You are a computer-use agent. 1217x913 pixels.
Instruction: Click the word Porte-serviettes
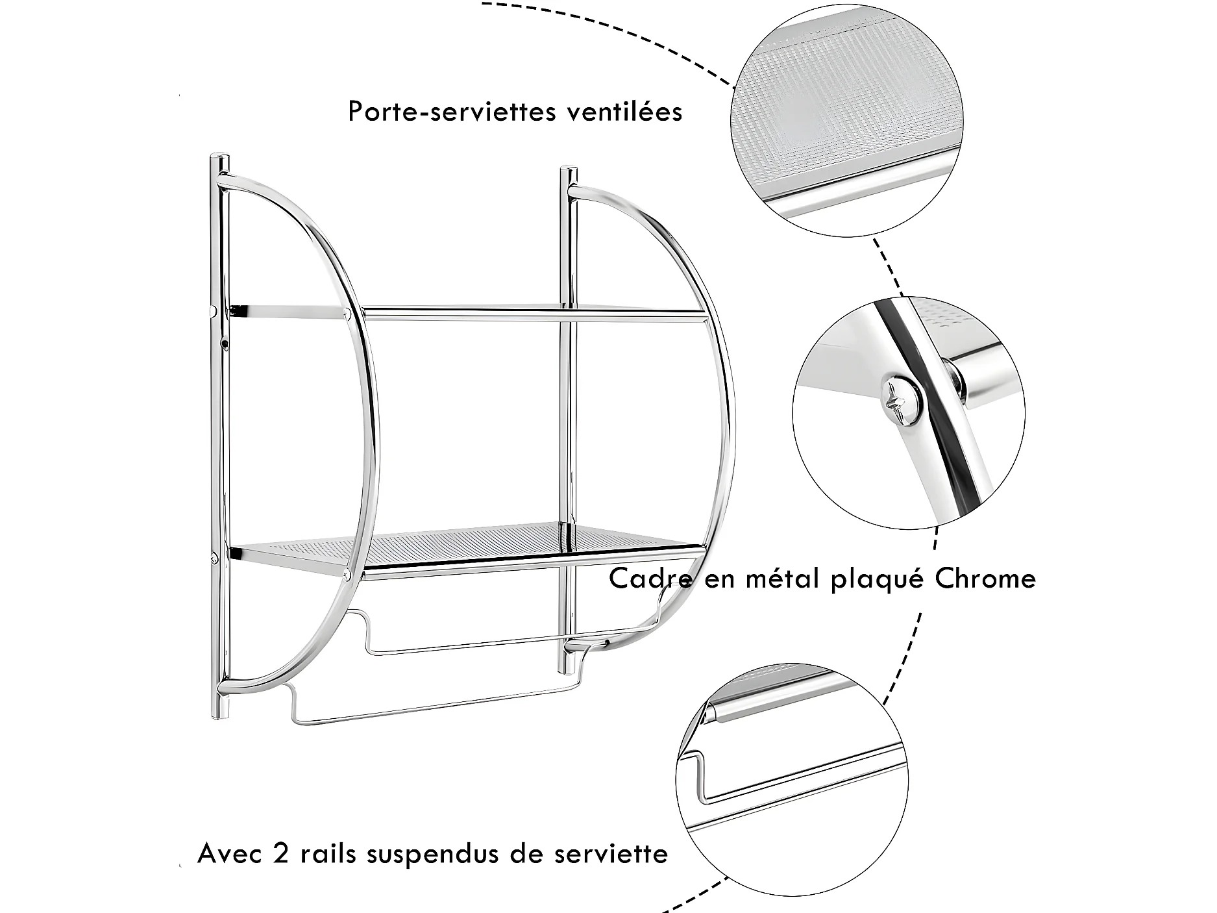pos(452,112)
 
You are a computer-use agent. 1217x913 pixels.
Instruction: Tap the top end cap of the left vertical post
pos(219,160)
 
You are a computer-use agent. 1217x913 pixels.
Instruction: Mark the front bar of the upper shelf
pos(532,316)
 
